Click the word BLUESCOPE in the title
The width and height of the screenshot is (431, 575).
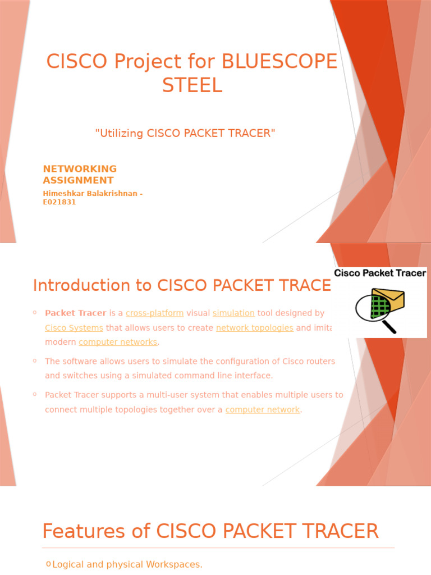(280, 61)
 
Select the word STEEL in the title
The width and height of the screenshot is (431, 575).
(192, 85)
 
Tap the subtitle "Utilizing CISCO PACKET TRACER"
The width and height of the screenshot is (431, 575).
(185, 133)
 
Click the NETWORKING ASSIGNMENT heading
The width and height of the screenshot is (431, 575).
(80, 174)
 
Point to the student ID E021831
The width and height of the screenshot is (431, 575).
(59, 202)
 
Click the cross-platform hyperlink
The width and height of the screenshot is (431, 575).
(154, 313)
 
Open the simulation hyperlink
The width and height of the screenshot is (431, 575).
(233, 313)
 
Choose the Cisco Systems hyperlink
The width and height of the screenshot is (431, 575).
(74, 327)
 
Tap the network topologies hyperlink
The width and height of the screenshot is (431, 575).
(254, 327)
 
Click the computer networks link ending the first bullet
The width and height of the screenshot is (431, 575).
(118, 342)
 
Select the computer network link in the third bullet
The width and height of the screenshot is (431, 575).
(262, 409)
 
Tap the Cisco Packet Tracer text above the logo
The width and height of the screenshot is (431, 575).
(380, 273)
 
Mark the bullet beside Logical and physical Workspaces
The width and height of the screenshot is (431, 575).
(48, 564)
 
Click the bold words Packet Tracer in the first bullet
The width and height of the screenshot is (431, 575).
(75, 313)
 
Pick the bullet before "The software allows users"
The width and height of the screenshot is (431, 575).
(35, 360)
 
